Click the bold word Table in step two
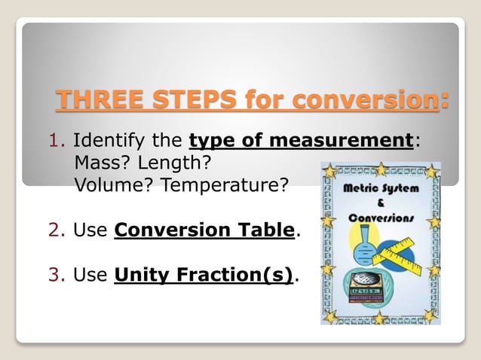[267, 230]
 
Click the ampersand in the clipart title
[381, 203]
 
